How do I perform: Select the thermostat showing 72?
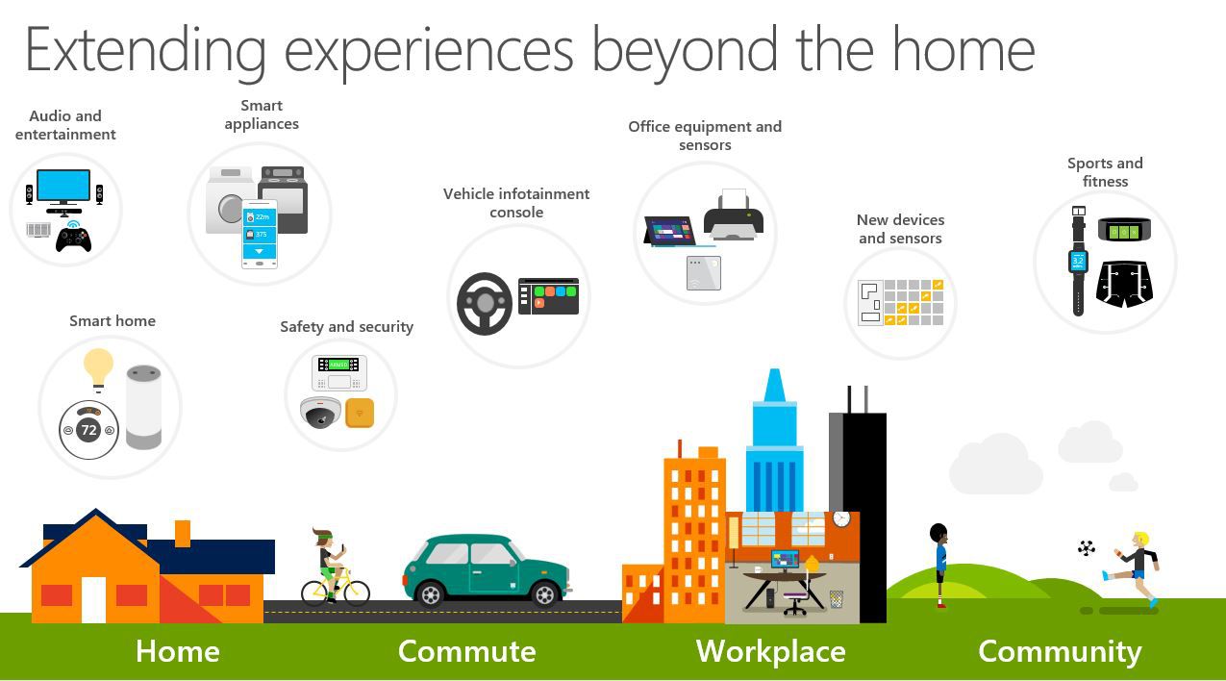(x=88, y=430)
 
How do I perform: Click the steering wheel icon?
(x=485, y=303)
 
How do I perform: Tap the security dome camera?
(x=320, y=413)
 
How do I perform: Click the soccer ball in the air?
(x=1086, y=547)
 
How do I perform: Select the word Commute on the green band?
(x=467, y=651)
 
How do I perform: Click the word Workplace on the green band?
(x=770, y=651)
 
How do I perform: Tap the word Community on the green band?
(x=1060, y=651)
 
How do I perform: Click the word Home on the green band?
(x=177, y=651)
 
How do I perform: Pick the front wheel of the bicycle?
(x=357, y=593)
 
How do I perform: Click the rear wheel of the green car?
(x=430, y=594)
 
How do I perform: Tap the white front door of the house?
(x=93, y=600)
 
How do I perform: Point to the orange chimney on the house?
(x=183, y=533)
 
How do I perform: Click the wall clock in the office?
(x=841, y=518)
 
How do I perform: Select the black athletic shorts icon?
(x=1124, y=284)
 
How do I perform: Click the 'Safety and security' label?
(x=346, y=327)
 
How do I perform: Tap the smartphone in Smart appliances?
(x=260, y=235)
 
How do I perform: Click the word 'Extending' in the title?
(x=145, y=51)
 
